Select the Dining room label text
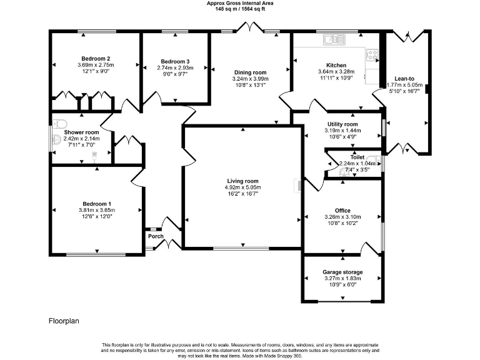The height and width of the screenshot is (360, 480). tap(250, 72)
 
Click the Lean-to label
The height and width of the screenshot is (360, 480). tap(404, 79)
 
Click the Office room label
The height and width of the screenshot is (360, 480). tap(342, 211)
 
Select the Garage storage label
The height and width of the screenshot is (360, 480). tap(342, 272)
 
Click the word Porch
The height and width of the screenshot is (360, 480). tap(156, 236)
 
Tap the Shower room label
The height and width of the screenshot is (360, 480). tap(81, 132)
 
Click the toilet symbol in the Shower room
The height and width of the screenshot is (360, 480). tap(59, 123)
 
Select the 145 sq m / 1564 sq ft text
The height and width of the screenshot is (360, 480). tap(240, 9)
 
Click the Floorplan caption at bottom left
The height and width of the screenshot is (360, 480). tap(64, 321)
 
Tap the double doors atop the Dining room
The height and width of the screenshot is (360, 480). tap(251, 27)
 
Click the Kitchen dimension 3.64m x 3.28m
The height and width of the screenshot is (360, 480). tap(336, 72)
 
